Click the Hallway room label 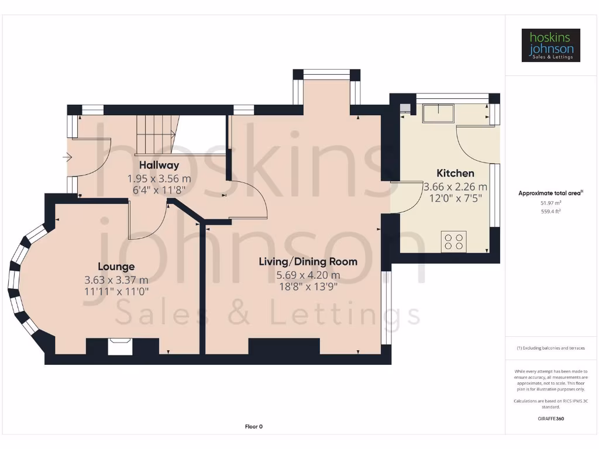pyautogui.click(x=159, y=165)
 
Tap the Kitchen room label pyautogui.click(x=455, y=173)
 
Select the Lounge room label pyautogui.click(x=116, y=267)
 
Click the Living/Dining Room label pyautogui.click(x=308, y=261)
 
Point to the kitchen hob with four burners pyautogui.click(x=453, y=241)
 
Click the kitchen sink pyautogui.click(x=439, y=112)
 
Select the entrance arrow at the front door pyautogui.click(x=68, y=157)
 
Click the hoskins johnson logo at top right pyautogui.click(x=550, y=45)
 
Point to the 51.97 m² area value pyautogui.click(x=550, y=202)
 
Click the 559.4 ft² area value pyautogui.click(x=550, y=211)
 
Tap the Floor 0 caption pyautogui.click(x=253, y=427)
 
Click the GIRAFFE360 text pyautogui.click(x=550, y=419)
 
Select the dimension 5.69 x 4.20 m pyautogui.click(x=308, y=275)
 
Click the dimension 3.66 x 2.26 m pyautogui.click(x=455, y=187)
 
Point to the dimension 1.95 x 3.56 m pyautogui.click(x=159, y=178)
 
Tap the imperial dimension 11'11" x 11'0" pyautogui.click(x=116, y=290)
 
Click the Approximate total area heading pyautogui.click(x=550, y=193)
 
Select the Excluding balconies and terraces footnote pyautogui.click(x=550, y=348)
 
